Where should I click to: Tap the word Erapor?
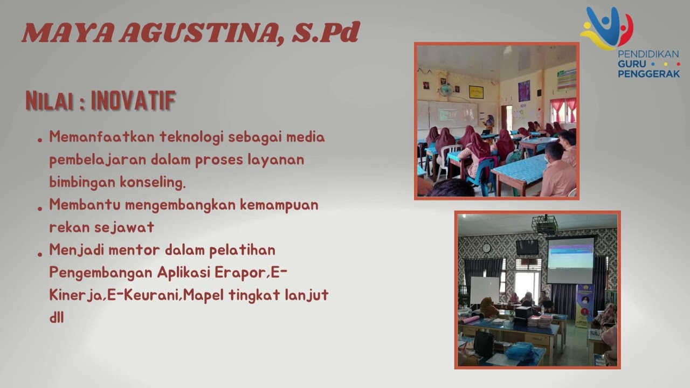(239, 273)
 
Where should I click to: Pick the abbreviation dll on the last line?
(57, 318)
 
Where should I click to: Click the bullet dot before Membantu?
(40, 207)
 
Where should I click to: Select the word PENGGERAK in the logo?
(649, 74)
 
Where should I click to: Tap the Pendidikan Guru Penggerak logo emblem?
(606, 27)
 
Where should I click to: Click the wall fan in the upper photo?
(445, 90)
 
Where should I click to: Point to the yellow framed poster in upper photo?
(476, 92)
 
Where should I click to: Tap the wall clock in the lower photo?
(487, 247)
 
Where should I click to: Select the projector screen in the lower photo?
(570, 260)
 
